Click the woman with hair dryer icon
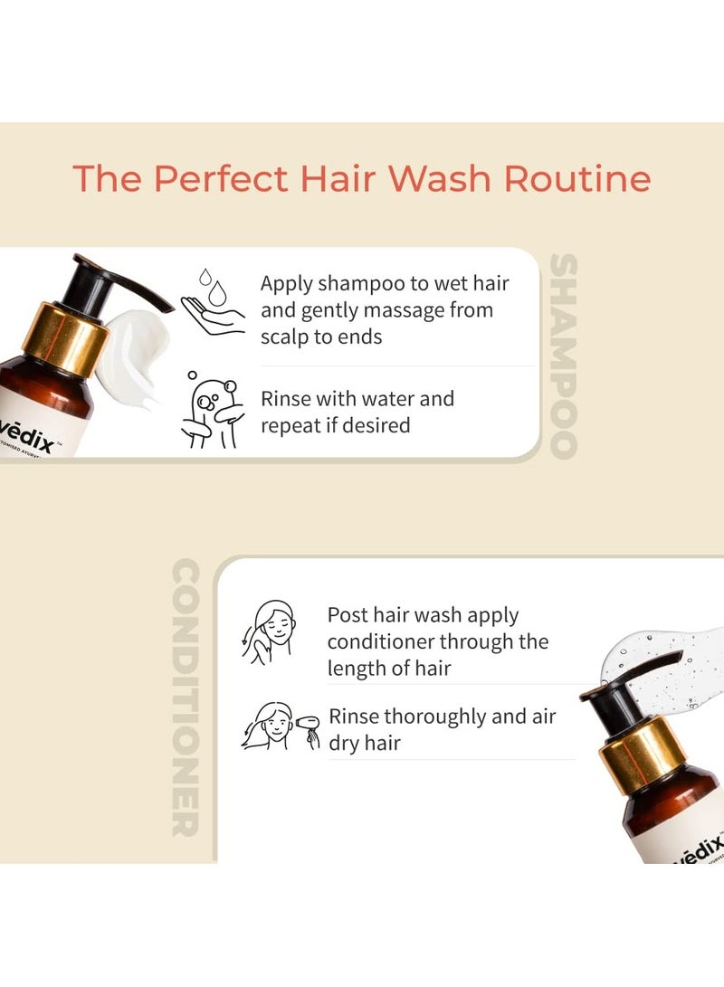(281, 726)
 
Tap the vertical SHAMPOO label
(563, 356)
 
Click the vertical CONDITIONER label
(185, 698)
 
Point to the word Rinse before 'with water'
(287, 399)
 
